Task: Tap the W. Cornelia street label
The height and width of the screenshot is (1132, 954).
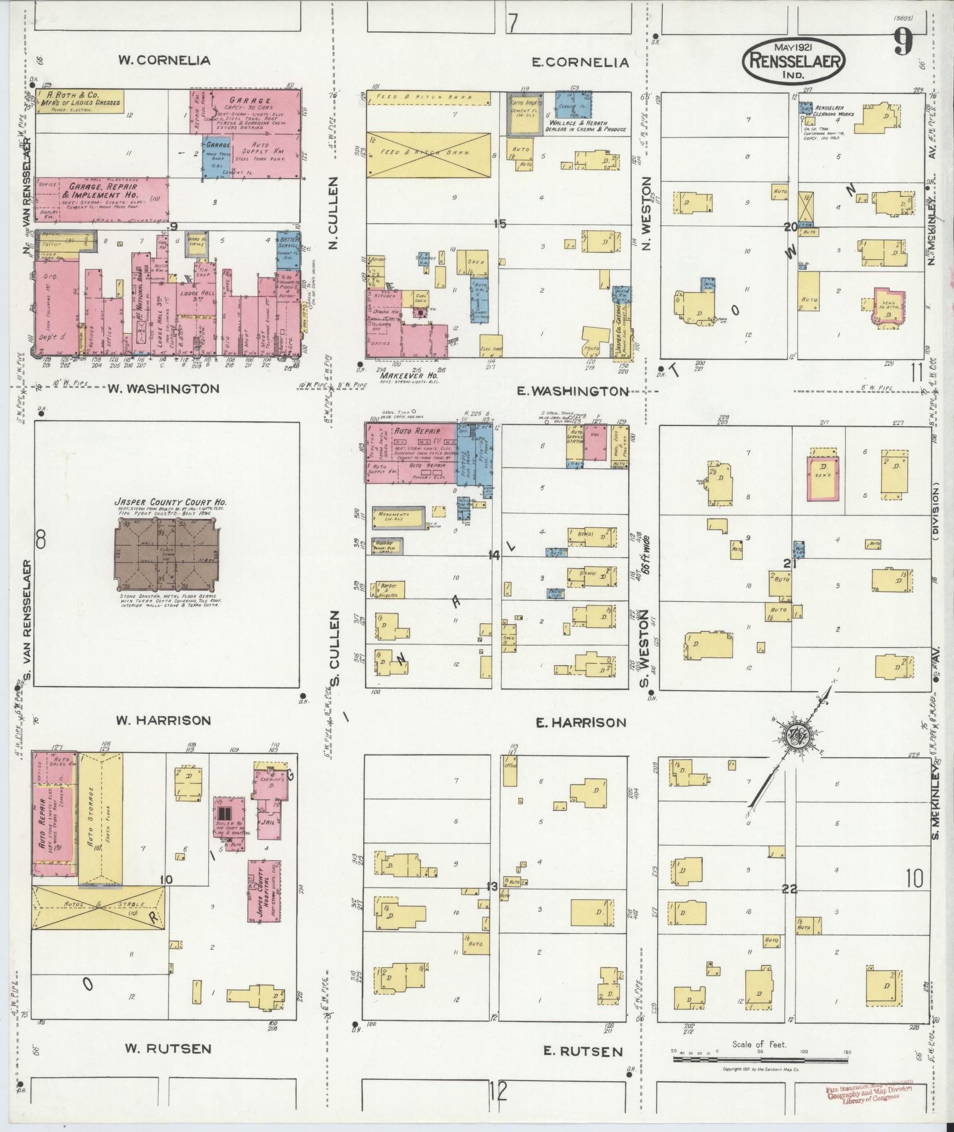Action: click(164, 60)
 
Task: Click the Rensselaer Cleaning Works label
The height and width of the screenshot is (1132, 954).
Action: click(833, 111)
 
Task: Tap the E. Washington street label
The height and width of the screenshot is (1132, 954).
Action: click(572, 391)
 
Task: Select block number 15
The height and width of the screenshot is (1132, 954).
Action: click(500, 224)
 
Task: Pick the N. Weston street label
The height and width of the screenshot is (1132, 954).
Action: click(646, 213)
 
